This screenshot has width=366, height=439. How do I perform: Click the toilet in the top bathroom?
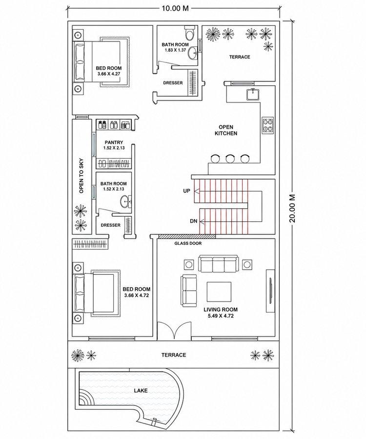pos(189,33)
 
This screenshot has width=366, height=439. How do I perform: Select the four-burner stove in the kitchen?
pos(267,125)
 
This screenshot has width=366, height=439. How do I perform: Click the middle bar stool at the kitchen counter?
pos(230,159)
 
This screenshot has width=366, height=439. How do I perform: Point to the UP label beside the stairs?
pos(186,191)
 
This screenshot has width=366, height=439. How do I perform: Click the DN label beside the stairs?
pos(194,221)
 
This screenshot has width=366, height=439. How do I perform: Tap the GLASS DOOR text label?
pos(188,243)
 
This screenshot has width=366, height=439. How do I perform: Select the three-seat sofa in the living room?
pos(218,263)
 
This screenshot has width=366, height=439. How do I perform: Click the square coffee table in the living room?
pos(219,292)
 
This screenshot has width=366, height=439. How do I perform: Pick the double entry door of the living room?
pos(174,331)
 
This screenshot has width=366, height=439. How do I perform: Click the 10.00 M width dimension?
pos(175,8)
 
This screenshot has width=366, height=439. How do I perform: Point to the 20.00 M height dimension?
pos(292,208)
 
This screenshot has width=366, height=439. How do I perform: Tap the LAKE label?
pos(141,390)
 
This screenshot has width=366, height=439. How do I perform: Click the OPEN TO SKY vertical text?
pos(81,176)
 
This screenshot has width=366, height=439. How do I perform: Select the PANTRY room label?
pos(114,142)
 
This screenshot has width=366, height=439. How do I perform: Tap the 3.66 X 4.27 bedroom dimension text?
pos(109,74)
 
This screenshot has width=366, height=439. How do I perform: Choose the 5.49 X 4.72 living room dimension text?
pos(221,316)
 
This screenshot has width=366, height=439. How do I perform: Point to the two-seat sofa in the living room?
pos(189,291)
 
